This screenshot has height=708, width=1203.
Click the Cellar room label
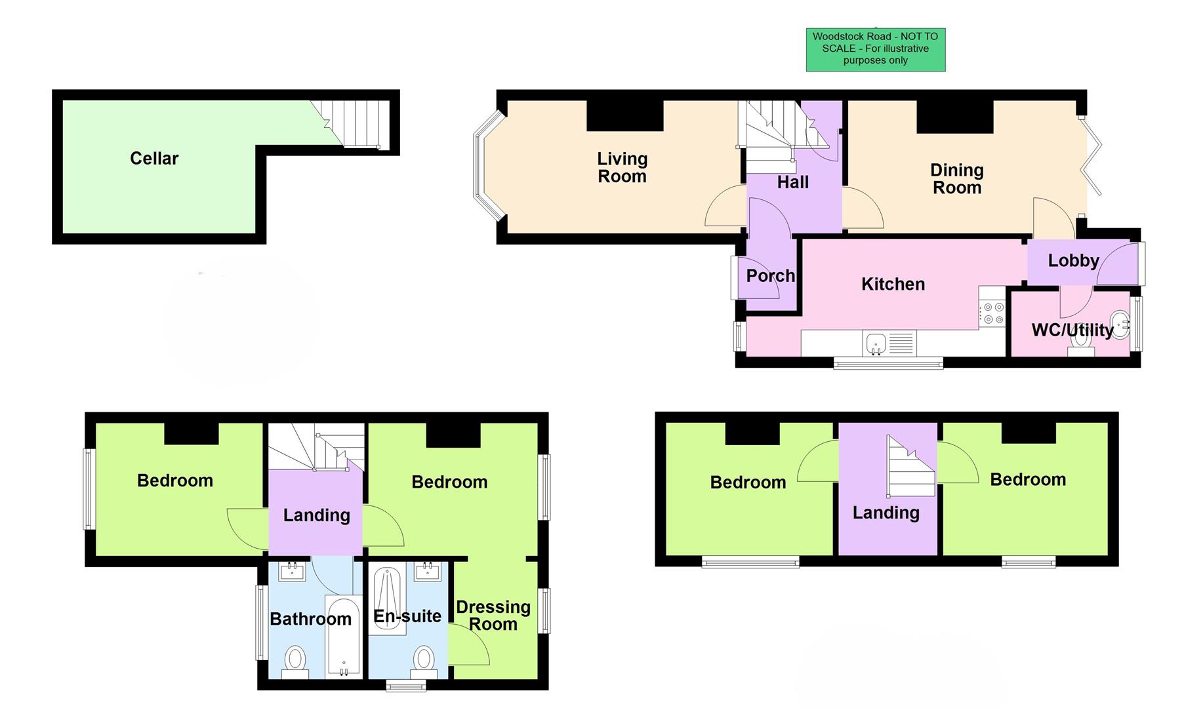(x=154, y=159)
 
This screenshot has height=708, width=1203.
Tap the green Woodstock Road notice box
(x=875, y=49)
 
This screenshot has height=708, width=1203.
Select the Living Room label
(x=622, y=168)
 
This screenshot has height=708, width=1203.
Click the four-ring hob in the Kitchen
(x=992, y=313)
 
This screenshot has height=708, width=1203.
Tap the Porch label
(x=770, y=276)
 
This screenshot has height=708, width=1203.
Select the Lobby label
(x=1073, y=261)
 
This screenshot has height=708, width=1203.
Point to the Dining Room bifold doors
(x=1093, y=157)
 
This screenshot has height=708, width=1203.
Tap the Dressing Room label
(x=493, y=616)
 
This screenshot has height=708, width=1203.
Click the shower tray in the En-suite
(x=387, y=600)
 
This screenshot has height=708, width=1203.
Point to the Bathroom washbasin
(x=292, y=572)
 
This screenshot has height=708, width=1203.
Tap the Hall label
(x=792, y=183)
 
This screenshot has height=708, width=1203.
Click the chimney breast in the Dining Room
(x=954, y=117)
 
